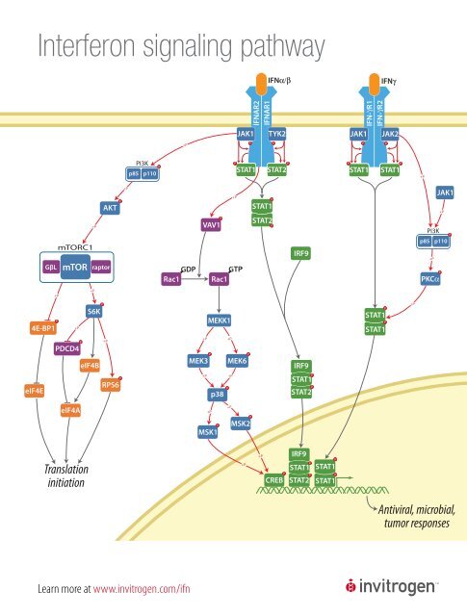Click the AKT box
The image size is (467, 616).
coord(110,208)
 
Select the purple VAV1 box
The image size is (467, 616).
coord(212,224)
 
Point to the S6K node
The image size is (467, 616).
coord(94,311)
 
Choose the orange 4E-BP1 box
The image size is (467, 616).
coord(41,329)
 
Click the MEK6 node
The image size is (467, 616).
coord(237,361)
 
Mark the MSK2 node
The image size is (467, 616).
coord(242,423)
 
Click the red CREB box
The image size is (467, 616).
coord(272,479)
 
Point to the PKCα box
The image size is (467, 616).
coord(430,279)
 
